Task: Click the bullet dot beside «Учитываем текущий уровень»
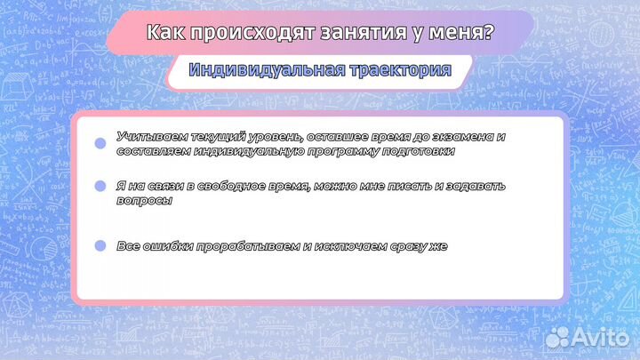pos(100,143)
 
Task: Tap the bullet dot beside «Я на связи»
pos(100,186)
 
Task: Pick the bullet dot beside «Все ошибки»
pos(100,245)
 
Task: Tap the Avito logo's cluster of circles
pos(557,336)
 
